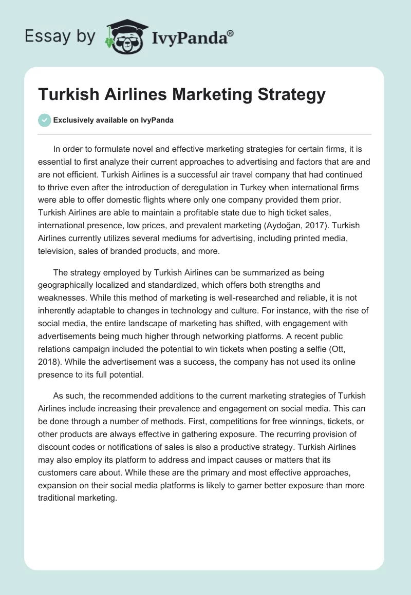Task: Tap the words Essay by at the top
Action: tap(60, 36)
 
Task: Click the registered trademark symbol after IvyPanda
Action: tap(230, 33)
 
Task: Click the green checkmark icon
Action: tap(44, 120)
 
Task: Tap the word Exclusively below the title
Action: tap(72, 120)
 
